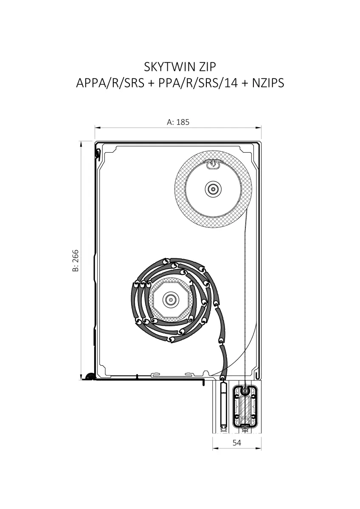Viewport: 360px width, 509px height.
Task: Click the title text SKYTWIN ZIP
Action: [x=180, y=67]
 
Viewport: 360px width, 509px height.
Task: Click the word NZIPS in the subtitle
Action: [x=268, y=83]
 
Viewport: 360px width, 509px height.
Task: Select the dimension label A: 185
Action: [x=178, y=122]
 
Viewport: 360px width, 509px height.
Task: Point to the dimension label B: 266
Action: [x=76, y=260]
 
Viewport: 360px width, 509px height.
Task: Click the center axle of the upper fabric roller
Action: [x=213, y=189]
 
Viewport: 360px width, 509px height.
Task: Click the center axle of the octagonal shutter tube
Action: [x=170, y=300]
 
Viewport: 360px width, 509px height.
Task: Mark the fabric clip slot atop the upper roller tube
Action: [x=213, y=164]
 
